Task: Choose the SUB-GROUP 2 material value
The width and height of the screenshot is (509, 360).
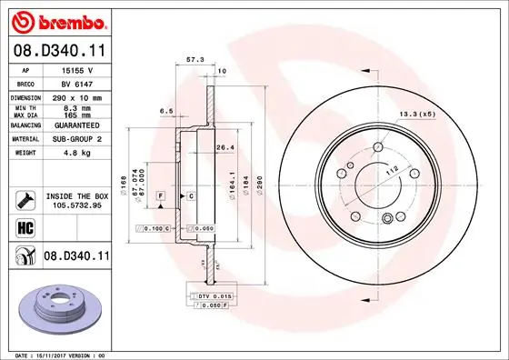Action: click(75, 139)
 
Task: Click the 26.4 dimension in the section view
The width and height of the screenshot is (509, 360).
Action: click(225, 148)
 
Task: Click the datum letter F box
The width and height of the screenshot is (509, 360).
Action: click(160, 196)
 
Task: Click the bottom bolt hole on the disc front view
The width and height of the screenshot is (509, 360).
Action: click(388, 216)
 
